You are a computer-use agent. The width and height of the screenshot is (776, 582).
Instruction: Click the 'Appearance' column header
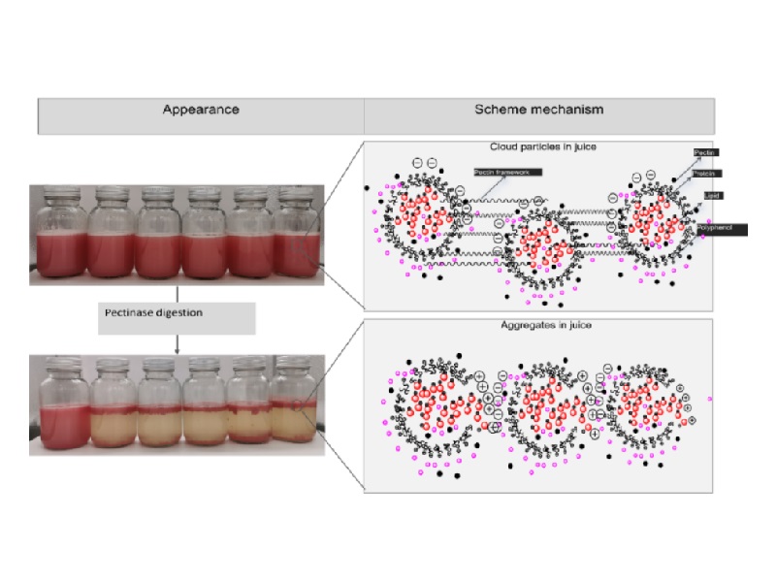201,110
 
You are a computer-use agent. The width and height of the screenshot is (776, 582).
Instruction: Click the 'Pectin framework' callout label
507,172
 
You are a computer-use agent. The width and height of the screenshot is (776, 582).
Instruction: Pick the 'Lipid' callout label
716,196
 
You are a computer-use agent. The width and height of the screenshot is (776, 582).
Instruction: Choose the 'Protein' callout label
705,174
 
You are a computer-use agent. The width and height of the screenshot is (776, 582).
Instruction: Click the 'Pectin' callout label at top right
705,153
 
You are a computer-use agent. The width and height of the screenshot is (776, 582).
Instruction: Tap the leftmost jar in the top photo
58,234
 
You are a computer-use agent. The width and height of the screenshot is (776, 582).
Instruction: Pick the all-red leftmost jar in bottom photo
58,405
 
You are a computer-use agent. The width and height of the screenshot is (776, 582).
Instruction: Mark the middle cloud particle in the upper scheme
535,244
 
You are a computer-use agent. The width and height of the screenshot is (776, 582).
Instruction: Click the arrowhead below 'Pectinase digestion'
177,349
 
